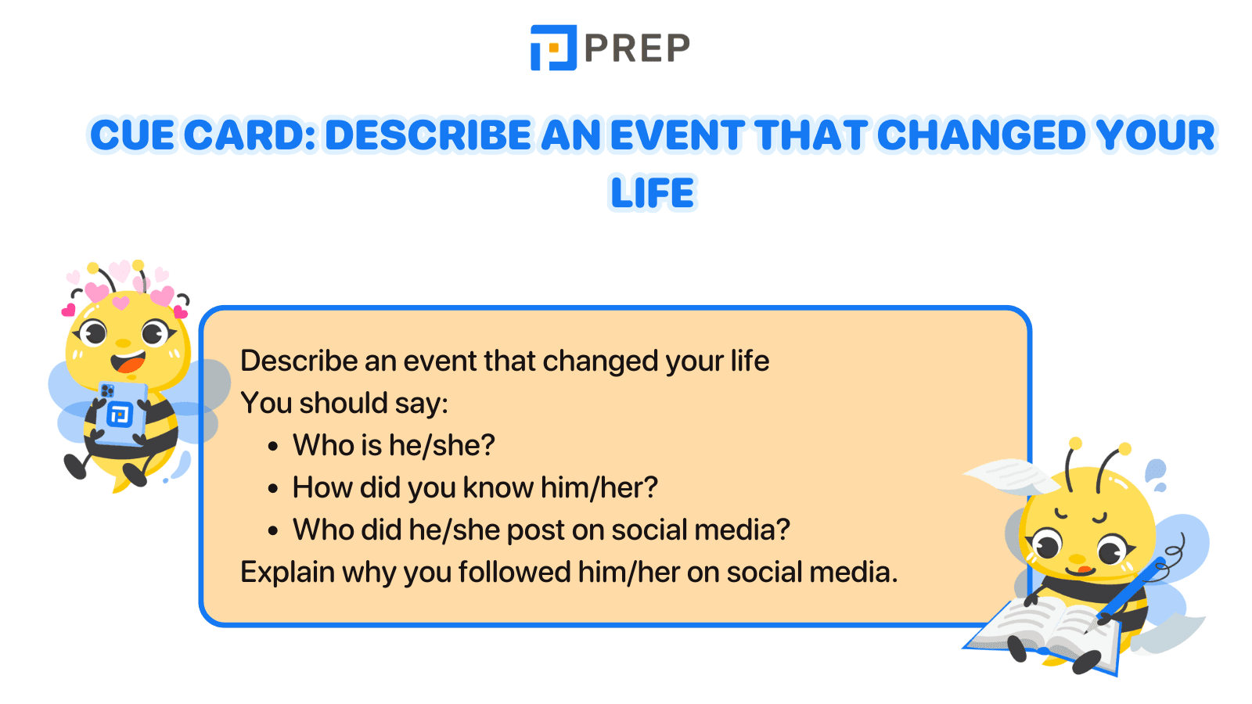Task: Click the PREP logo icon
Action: tap(553, 48)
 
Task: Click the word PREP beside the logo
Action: tap(637, 48)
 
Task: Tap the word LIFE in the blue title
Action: tap(653, 193)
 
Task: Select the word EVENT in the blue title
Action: tap(677, 135)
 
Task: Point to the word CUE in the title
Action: tap(132, 135)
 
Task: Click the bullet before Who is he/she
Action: tap(272, 447)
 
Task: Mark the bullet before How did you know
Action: tap(272, 489)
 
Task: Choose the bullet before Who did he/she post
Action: tap(272, 531)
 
